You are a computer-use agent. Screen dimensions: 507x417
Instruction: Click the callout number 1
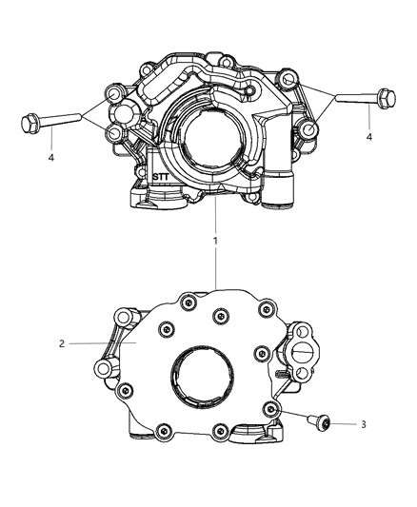tap(215, 241)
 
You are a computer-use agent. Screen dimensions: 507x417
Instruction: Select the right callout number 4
tap(370, 137)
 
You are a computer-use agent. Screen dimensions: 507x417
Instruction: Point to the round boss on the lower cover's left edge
tap(99, 368)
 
